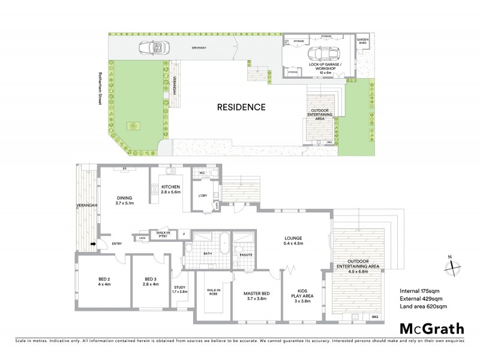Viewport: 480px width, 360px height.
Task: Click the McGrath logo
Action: [432, 328]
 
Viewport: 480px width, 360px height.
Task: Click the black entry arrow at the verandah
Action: [92, 244]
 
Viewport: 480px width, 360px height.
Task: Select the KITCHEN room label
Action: [170, 190]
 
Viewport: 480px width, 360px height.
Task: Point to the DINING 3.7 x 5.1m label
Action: [124, 202]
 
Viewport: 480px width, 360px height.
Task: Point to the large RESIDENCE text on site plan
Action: [241, 108]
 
